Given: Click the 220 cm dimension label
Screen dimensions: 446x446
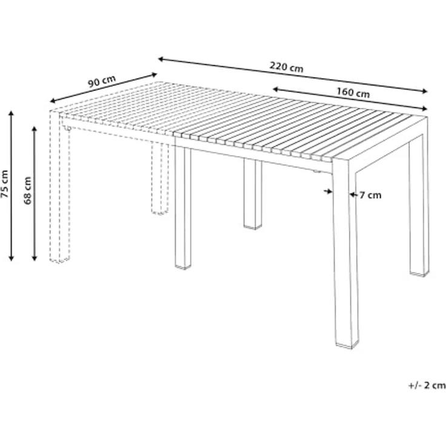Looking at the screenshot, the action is click(287, 67).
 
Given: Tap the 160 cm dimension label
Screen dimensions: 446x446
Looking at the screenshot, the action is click(353, 92).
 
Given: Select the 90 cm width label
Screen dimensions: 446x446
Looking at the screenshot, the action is click(102, 82).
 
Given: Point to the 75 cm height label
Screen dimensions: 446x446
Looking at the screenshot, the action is click(5, 184).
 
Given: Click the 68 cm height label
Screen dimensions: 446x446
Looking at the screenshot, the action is click(27, 190).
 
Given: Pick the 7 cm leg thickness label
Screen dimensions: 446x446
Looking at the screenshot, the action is click(370, 195).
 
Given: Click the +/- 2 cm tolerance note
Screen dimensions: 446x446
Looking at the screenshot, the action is click(427, 385).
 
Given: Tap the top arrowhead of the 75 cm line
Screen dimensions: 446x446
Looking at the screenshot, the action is click(11, 113).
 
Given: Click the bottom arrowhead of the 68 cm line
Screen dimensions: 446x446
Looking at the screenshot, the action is click(35, 258).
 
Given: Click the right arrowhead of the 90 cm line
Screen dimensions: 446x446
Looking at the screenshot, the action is click(154, 75).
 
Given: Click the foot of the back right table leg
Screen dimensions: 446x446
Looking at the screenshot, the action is click(419, 273).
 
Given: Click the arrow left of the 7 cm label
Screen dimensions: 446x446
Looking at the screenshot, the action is click(328, 191).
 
